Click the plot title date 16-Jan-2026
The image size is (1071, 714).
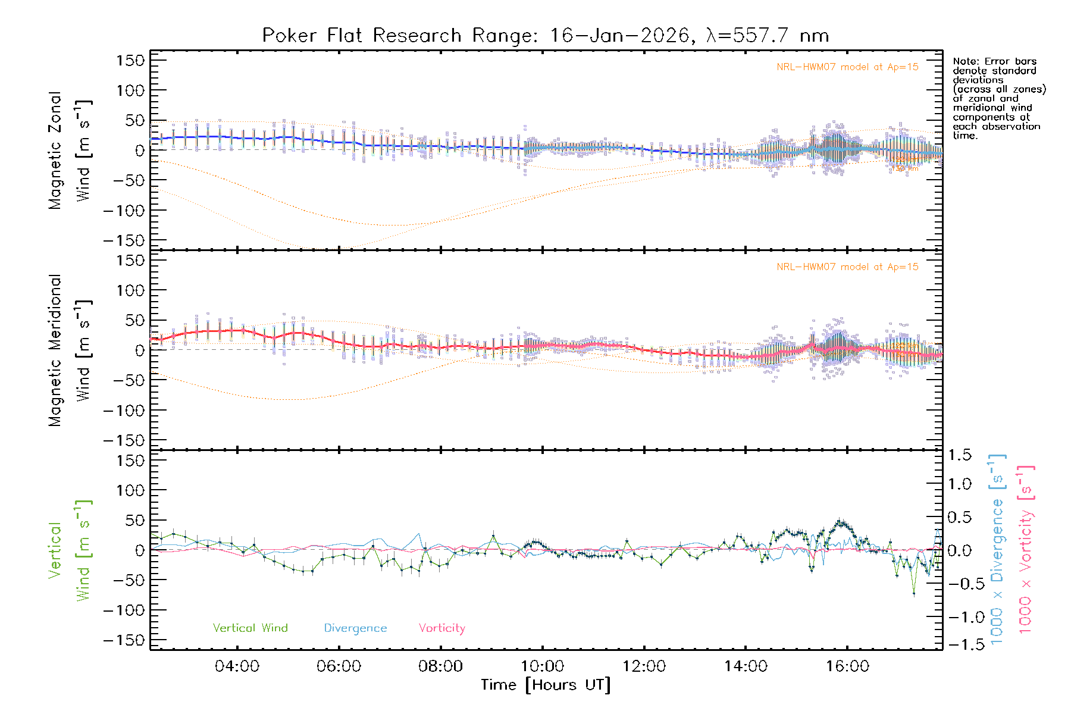619,36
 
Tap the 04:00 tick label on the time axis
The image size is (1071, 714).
237,666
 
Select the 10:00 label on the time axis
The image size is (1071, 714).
542,666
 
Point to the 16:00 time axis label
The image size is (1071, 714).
847,666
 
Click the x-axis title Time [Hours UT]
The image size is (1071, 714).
546,685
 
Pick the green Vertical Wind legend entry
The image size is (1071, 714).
250,628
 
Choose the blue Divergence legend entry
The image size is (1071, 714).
355,628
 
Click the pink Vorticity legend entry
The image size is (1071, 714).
441,628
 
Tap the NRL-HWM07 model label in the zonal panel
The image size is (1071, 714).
847,67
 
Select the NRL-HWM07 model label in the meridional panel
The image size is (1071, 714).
847,267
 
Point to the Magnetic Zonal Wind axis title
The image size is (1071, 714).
70,151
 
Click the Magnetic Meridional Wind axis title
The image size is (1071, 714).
70,350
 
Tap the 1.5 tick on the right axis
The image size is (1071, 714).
959,455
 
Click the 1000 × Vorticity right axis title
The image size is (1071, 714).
1026,549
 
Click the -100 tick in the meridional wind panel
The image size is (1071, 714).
124,411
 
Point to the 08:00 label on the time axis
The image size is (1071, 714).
440,666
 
